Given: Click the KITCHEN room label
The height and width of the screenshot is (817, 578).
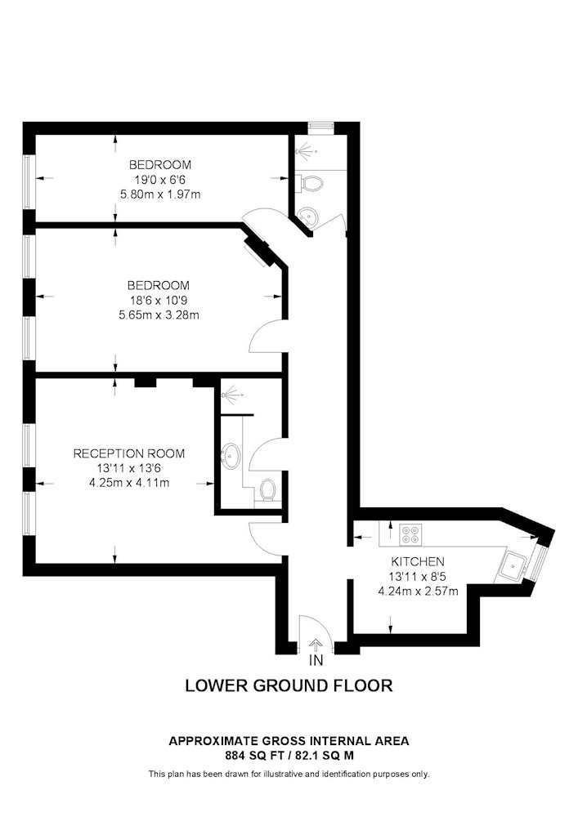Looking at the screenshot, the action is [x=418, y=561].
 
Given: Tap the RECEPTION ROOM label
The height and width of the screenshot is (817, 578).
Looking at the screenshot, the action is [x=128, y=453].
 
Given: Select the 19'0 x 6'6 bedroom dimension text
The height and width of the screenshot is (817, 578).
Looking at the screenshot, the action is [x=160, y=180].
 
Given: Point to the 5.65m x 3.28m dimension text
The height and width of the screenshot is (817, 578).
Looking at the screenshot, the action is [x=159, y=315].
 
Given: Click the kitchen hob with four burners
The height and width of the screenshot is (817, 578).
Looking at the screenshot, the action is [x=410, y=534].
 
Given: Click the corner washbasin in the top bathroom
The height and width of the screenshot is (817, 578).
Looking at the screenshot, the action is [x=309, y=215].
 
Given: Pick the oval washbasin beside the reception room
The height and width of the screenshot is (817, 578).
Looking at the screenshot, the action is [x=231, y=456].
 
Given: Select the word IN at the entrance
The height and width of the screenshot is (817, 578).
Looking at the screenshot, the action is [x=316, y=660].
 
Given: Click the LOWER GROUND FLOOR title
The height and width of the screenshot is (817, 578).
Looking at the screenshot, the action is [x=289, y=685].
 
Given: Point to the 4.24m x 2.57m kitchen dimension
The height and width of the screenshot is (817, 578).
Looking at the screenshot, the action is [x=418, y=591].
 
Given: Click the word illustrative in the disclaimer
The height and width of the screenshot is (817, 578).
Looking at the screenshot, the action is [x=287, y=774].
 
